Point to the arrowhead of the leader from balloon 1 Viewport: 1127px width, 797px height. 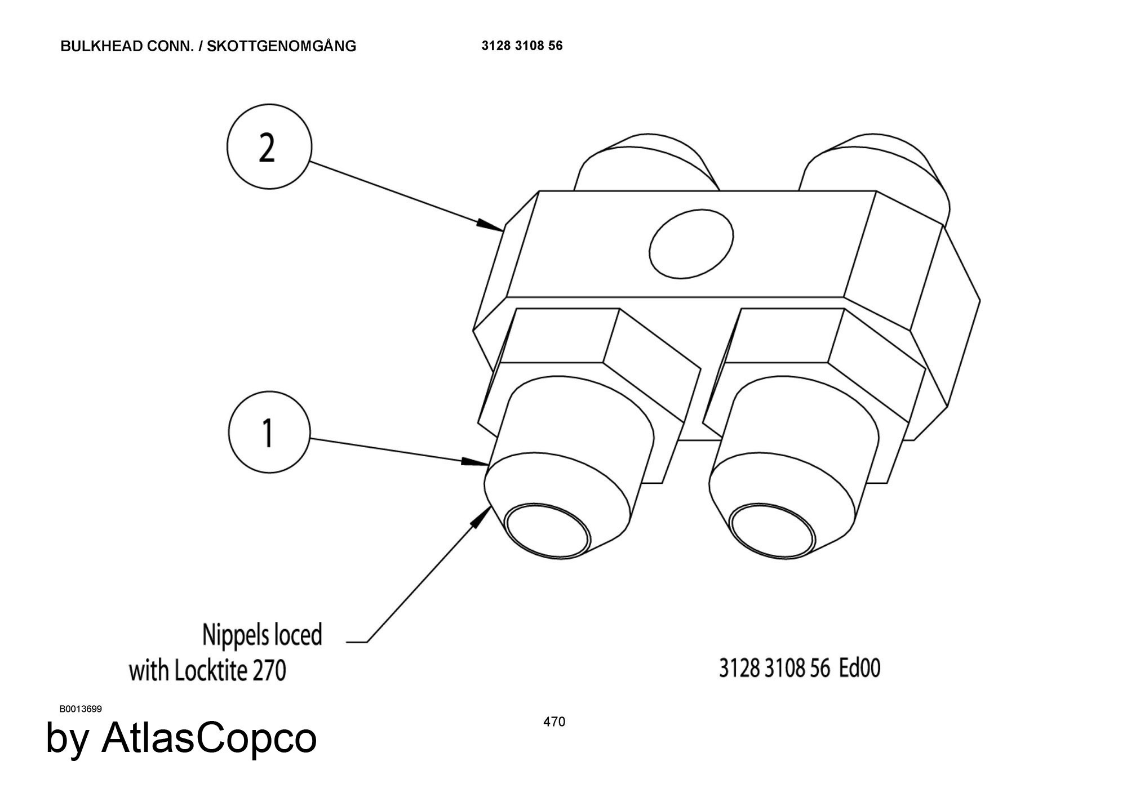[476, 462]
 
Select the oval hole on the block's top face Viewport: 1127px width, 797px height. [691, 243]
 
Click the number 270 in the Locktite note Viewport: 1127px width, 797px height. [269, 671]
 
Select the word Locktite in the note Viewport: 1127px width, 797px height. [211, 670]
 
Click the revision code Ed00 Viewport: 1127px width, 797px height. [859, 668]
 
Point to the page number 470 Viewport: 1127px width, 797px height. [554, 722]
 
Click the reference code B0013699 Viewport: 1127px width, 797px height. [81, 709]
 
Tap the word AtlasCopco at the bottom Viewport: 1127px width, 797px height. [208, 738]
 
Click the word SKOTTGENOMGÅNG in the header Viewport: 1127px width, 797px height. [281, 46]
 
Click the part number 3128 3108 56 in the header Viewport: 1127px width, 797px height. [522, 46]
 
